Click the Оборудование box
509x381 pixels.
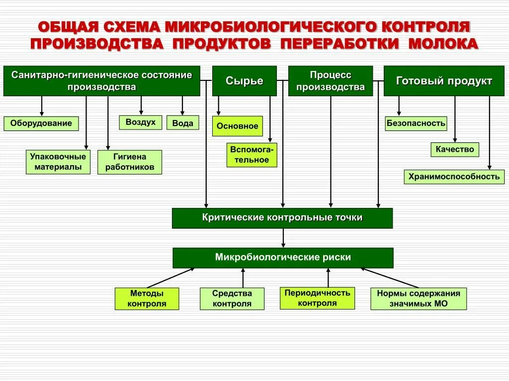(x=41, y=124)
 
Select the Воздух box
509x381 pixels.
(x=141, y=122)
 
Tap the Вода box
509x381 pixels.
(x=182, y=123)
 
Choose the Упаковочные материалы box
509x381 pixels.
(x=58, y=162)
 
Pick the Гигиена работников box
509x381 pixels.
(x=130, y=162)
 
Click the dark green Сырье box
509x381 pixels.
(x=244, y=81)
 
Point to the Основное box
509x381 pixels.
(x=238, y=126)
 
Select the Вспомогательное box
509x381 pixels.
(x=252, y=155)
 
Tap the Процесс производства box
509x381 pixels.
(x=331, y=81)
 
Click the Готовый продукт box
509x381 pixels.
(x=444, y=81)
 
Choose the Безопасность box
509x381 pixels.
(x=416, y=124)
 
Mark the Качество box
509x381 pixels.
(x=455, y=149)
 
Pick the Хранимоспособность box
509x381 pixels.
(x=454, y=177)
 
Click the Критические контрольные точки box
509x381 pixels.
(x=282, y=218)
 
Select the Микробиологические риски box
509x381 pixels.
(x=283, y=258)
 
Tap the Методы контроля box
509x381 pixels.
(x=147, y=299)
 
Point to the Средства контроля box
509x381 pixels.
(x=232, y=299)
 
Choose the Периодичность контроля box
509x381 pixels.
(x=317, y=298)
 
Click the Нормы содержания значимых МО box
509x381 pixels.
(x=419, y=299)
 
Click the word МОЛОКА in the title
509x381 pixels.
(x=443, y=44)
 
